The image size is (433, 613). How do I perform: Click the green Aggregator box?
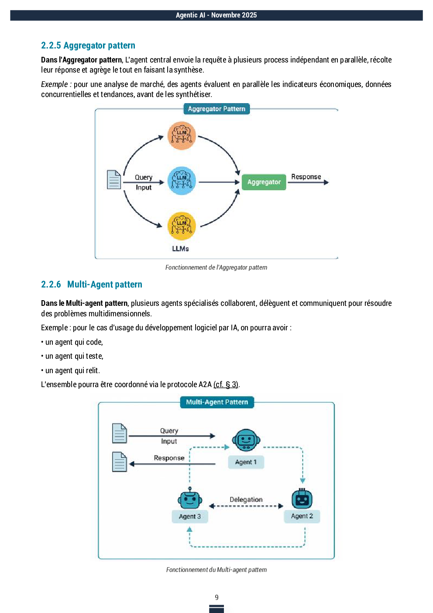click(x=264, y=182)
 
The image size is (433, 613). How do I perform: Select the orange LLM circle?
click(x=182, y=135)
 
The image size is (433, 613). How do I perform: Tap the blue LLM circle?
click(x=182, y=180)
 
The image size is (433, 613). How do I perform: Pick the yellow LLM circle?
click(x=182, y=226)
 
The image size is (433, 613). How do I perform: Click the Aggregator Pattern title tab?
click(x=216, y=109)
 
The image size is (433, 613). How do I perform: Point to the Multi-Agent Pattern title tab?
click(x=217, y=402)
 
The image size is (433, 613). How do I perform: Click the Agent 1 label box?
click(x=246, y=462)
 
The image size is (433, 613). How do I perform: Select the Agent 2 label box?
click(x=302, y=516)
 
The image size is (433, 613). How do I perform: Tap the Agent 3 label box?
click(x=190, y=516)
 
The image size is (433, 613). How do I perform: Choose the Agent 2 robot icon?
click(x=302, y=499)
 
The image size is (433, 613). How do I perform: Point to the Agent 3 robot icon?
click(x=190, y=499)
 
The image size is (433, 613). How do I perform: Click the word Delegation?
click(x=246, y=499)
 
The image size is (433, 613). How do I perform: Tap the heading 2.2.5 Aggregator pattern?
click(x=88, y=45)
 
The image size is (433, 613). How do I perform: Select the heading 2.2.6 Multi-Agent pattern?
click(x=92, y=284)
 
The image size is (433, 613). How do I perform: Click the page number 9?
click(x=216, y=597)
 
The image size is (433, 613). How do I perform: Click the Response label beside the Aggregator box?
click(x=306, y=177)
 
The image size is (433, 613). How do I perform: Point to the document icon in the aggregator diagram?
click(x=114, y=180)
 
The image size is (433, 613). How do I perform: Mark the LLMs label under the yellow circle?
click(x=180, y=249)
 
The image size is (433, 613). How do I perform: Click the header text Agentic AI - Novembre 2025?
click(x=216, y=15)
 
